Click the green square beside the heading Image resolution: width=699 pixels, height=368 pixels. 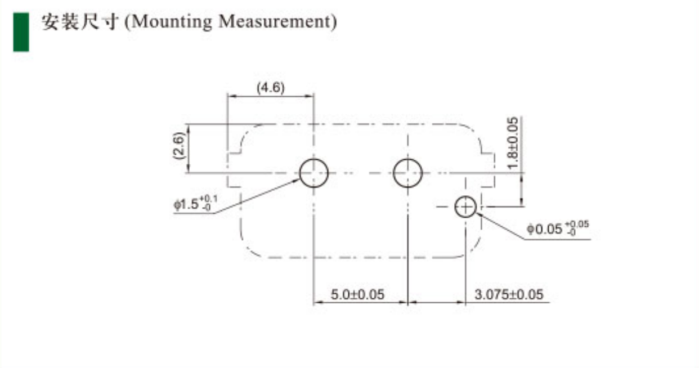[x=21, y=32]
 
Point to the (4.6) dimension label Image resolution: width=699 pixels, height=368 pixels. [x=270, y=88]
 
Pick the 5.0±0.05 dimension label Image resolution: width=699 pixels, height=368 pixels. [x=357, y=295]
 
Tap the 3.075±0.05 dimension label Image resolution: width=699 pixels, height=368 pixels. [x=510, y=295]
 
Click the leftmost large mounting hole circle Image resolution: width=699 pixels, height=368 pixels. [x=313, y=172]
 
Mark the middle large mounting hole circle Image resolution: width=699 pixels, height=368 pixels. [x=407, y=172]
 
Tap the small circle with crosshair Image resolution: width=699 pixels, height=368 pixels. [x=465, y=207]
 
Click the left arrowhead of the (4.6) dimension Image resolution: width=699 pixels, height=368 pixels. [x=230, y=96]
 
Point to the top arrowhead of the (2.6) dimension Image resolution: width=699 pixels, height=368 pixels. [x=190, y=127]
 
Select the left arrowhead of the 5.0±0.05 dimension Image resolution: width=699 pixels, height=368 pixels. [x=317, y=303]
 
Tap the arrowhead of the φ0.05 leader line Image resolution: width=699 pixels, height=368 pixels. [x=478, y=214]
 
